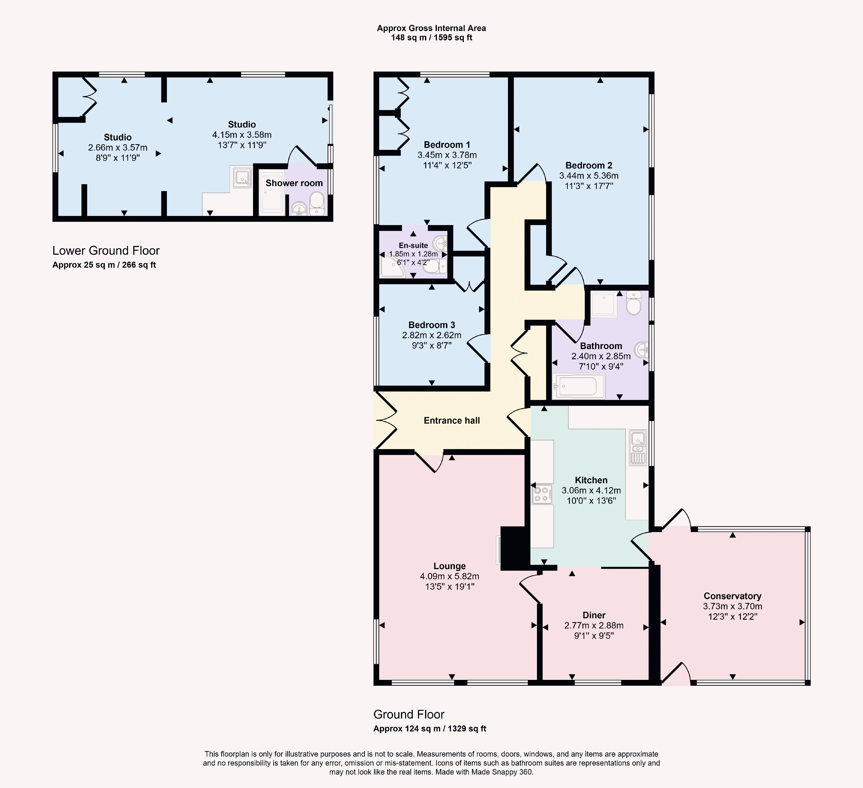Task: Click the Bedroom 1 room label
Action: pyautogui.click(x=447, y=145)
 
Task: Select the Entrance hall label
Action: pyautogui.click(x=452, y=420)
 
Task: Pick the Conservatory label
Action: pyautogui.click(x=733, y=596)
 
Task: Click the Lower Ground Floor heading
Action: pyautogui.click(x=106, y=251)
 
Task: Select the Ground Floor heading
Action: pyautogui.click(x=409, y=714)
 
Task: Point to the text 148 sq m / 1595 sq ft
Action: pyautogui.click(x=431, y=38)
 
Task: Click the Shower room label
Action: pyautogui.click(x=294, y=183)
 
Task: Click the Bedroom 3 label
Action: pyautogui.click(x=431, y=325)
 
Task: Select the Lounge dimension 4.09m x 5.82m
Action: pyautogui.click(x=449, y=576)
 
